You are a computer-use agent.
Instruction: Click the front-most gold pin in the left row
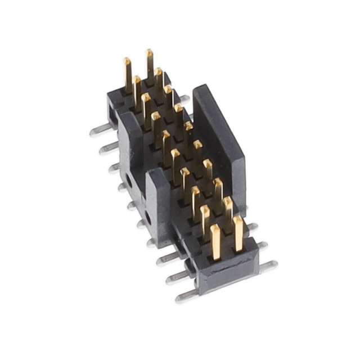pyautogui.click(x=215, y=242)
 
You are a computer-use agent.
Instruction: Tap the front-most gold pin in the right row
pyautogui.click(x=238, y=233)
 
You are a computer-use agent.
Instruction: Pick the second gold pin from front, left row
pyautogui.click(x=205, y=222)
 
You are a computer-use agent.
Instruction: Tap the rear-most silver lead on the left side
pyautogui.click(x=98, y=132)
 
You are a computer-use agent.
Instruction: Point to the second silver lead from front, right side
pyautogui.click(x=262, y=246)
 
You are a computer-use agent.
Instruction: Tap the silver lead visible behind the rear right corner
pyautogui.click(x=184, y=98)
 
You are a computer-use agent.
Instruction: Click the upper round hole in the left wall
pyautogui.click(x=129, y=181)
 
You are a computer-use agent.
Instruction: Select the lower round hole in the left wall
pyautogui.click(x=147, y=215)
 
